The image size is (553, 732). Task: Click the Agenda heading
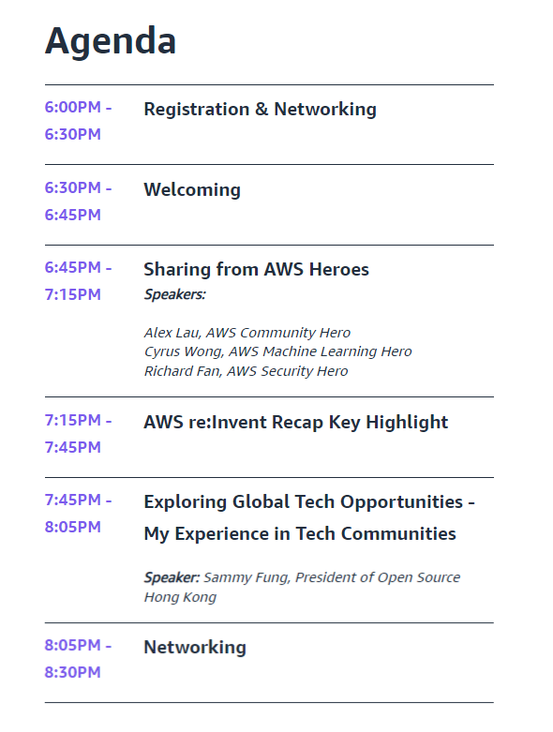click(111, 42)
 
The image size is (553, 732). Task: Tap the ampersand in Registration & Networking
click(262, 110)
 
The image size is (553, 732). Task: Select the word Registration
click(197, 111)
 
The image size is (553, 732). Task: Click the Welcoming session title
click(192, 190)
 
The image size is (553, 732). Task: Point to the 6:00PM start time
click(73, 108)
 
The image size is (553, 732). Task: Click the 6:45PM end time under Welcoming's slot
click(73, 215)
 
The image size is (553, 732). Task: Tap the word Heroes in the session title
click(338, 269)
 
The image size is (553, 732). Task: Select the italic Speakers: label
click(175, 294)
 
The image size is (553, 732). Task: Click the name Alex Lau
click(172, 333)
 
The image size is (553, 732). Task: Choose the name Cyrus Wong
click(184, 351)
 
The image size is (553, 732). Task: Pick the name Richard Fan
click(183, 371)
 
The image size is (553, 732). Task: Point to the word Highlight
click(407, 423)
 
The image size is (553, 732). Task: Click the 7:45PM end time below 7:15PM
click(73, 447)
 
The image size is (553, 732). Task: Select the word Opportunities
click(402, 502)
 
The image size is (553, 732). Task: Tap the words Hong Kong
click(180, 598)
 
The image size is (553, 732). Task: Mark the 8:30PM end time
click(73, 672)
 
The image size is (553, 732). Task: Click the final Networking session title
click(195, 648)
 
